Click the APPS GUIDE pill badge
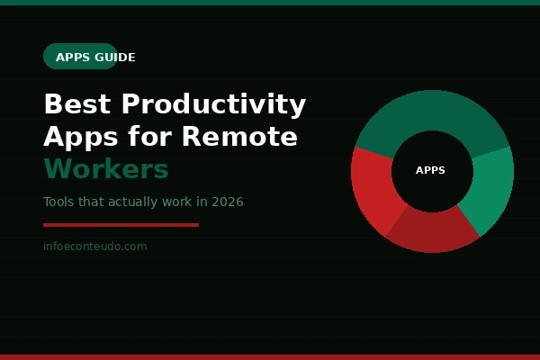click(81, 57)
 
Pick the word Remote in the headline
click(239, 138)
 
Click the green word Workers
click(106, 169)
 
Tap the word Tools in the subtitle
click(58, 202)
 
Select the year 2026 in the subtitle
click(228, 202)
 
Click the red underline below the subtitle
click(121, 225)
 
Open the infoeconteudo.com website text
click(94, 247)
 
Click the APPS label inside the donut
click(431, 170)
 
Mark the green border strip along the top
click(270, 3)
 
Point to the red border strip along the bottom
click(270, 356)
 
